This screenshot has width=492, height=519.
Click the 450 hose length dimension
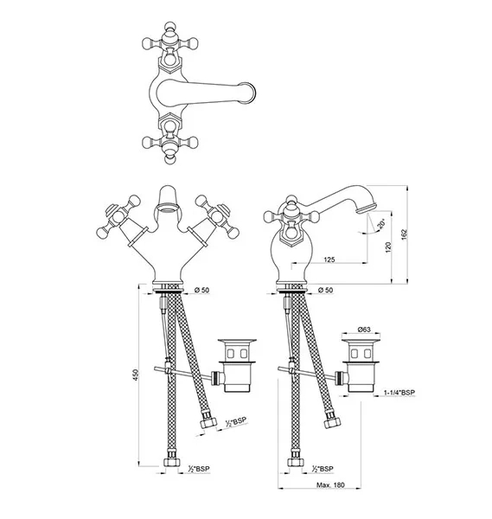click(136, 375)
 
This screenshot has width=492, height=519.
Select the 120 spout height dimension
click(388, 247)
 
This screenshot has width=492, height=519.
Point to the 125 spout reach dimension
click(329, 259)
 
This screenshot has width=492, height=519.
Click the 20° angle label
click(381, 224)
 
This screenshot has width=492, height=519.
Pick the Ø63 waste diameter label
click(364, 330)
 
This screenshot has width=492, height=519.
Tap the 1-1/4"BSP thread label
click(399, 393)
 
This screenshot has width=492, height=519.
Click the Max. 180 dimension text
click(330, 485)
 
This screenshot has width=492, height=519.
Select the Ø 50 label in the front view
click(201, 290)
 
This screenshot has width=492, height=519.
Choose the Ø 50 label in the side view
click(326, 290)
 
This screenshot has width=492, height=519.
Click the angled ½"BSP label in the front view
click(236, 421)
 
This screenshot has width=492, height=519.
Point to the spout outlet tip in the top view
click(252, 93)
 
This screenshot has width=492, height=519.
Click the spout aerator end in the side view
click(367, 208)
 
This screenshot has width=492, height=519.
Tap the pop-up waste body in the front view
click(237, 365)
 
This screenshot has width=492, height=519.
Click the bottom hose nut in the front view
click(172, 462)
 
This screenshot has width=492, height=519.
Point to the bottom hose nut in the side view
click(296, 462)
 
